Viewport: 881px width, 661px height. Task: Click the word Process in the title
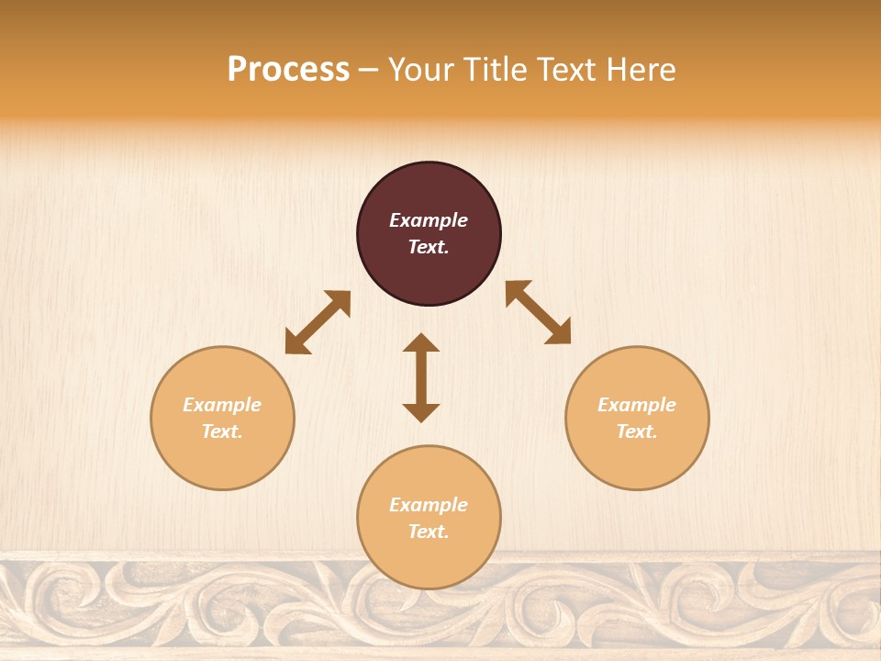pyautogui.click(x=288, y=70)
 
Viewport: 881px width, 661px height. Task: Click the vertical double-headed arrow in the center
pyautogui.click(x=421, y=377)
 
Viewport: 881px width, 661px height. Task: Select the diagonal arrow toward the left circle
pyautogui.click(x=318, y=322)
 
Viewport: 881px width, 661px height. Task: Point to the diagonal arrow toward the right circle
pyautogui.click(x=539, y=313)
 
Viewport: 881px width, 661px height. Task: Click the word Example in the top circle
pyautogui.click(x=429, y=220)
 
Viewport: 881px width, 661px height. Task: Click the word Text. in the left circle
pyautogui.click(x=222, y=431)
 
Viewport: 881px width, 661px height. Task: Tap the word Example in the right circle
pyautogui.click(x=637, y=405)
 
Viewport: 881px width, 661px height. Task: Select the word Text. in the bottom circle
pyautogui.click(x=429, y=532)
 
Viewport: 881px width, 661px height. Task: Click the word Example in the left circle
pyautogui.click(x=222, y=405)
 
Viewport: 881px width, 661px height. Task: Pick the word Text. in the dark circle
pyautogui.click(x=429, y=247)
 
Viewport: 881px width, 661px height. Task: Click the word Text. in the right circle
pyautogui.click(x=637, y=431)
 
